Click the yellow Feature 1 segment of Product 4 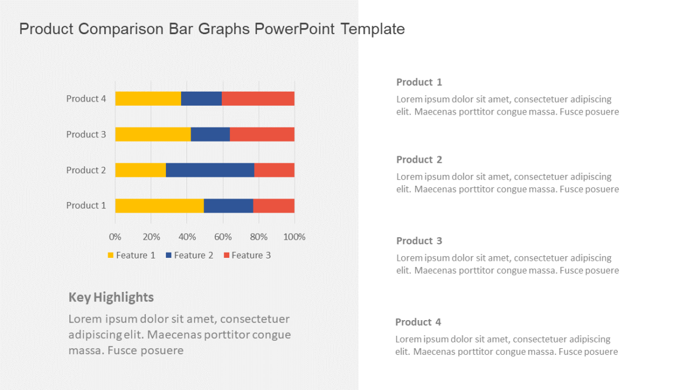pyautogui.click(x=148, y=99)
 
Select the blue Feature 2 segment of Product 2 pyautogui.click(x=210, y=170)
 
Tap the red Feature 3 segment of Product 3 pyautogui.click(x=262, y=135)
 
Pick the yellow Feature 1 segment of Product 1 pyautogui.click(x=159, y=206)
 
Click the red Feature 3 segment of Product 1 pyautogui.click(x=273, y=206)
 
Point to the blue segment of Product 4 pyautogui.click(x=201, y=99)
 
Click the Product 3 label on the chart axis pyautogui.click(x=86, y=135)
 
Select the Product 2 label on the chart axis pyautogui.click(x=86, y=170)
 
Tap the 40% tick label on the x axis pyautogui.click(x=187, y=237)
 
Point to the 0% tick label pyautogui.click(x=115, y=237)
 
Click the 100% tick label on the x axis pyautogui.click(x=295, y=237)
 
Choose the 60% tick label pyautogui.click(x=223, y=237)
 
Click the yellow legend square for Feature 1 pyautogui.click(x=110, y=255)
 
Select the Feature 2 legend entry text pyautogui.click(x=193, y=255)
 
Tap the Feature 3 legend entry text pyautogui.click(x=251, y=255)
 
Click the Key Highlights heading pyautogui.click(x=111, y=297)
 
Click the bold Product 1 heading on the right pyautogui.click(x=419, y=82)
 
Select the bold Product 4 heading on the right pyautogui.click(x=418, y=322)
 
